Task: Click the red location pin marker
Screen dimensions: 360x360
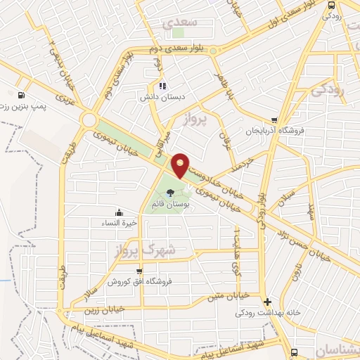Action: pos(181,165)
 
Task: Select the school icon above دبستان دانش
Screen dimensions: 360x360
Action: pos(162,86)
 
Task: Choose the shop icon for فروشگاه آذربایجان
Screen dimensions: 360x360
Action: pos(274,120)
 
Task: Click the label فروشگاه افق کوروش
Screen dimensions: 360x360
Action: pos(139,281)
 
